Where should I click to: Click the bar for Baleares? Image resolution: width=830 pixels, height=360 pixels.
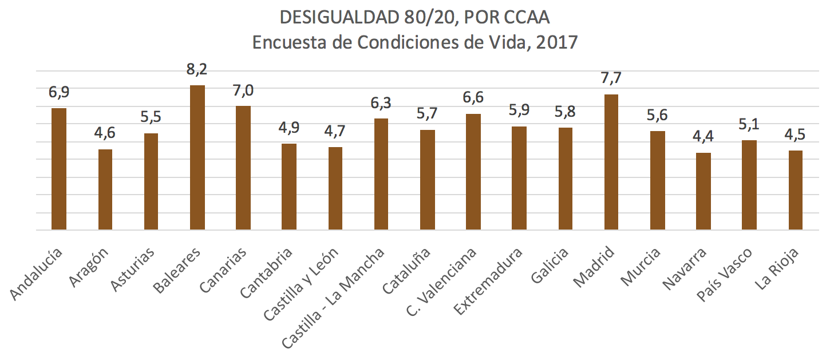pos(197,157)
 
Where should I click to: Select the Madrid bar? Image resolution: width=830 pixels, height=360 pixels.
pos(611,162)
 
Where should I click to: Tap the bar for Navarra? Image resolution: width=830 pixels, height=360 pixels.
pos(703,191)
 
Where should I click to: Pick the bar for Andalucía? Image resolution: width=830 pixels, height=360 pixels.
pos(59,169)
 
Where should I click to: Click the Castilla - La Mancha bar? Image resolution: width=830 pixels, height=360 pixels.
pos(381,174)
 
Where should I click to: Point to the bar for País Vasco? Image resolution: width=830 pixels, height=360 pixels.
pos(749,185)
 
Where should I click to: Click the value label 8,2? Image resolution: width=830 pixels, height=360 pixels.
pos(197,70)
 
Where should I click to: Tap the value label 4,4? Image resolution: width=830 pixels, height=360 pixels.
pos(703,137)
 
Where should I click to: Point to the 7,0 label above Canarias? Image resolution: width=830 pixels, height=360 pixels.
pos(243,90)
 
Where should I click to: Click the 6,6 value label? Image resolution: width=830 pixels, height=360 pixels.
pos(473,98)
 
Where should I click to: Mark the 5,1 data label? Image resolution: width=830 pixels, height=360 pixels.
pos(749,125)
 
